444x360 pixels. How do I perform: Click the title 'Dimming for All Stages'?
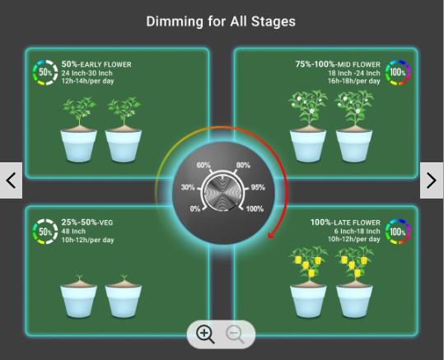tap(221, 21)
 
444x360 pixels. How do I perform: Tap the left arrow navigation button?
tap(11, 180)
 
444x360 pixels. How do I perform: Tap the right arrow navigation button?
tap(432, 180)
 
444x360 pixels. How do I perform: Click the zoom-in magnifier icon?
tap(205, 334)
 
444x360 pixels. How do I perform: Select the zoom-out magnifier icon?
tap(235, 334)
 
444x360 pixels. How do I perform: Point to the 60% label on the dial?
tap(203, 165)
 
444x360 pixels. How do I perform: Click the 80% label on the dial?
tap(243, 165)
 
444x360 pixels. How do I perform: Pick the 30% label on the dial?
tap(188, 187)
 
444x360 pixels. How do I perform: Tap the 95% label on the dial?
tap(258, 187)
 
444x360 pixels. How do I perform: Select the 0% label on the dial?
tap(195, 209)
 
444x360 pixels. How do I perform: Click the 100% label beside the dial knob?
tap(255, 209)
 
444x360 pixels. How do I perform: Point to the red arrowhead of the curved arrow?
tap(271, 235)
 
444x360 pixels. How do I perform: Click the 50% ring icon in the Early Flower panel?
tap(45, 72)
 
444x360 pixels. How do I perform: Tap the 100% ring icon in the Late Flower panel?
tap(398, 231)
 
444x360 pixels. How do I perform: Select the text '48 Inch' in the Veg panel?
tap(73, 231)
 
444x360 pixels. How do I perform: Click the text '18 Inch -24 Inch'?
tap(354, 73)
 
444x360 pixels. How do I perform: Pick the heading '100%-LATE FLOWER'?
tap(345, 222)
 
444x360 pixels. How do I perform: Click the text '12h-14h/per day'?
tap(88, 82)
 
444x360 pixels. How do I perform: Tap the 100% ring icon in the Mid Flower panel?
tap(398, 72)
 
